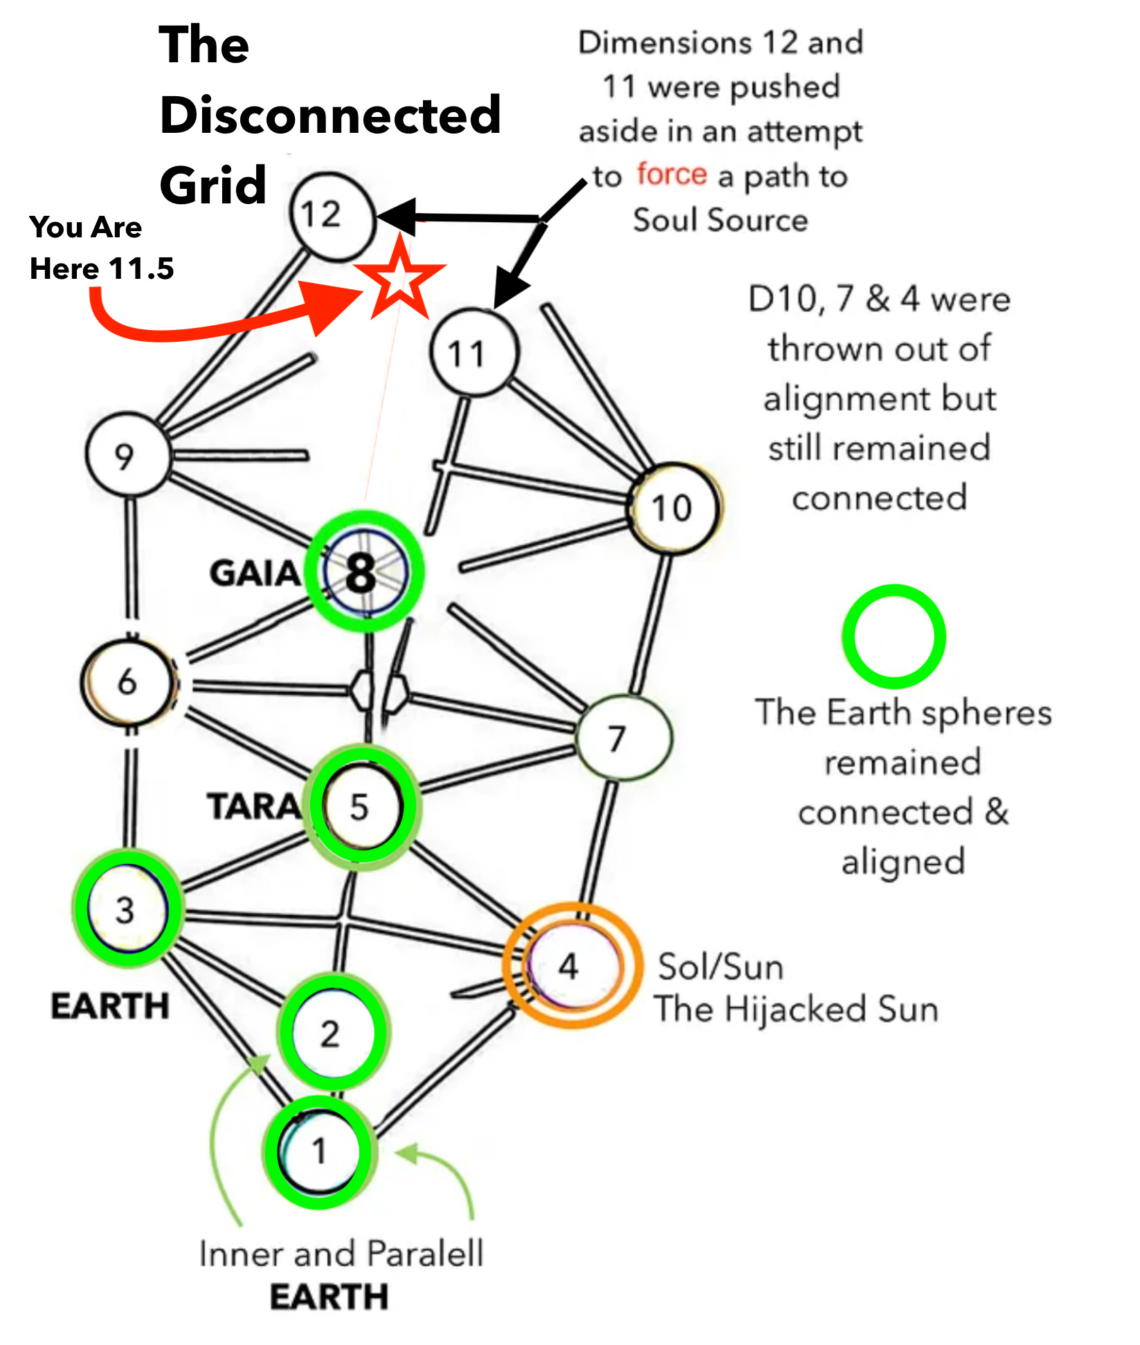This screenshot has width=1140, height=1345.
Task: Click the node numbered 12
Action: (x=333, y=216)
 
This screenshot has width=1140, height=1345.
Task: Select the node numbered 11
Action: (x=474, y=352)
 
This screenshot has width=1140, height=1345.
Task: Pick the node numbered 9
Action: (x=127, y=455)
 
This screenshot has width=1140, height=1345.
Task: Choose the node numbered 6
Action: (x=127, y=682)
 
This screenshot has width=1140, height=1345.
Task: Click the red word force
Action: (x=671, y=174)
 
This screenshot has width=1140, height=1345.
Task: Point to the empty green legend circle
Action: (x=894, y=637)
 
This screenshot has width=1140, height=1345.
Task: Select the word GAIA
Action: (x=255, y=574)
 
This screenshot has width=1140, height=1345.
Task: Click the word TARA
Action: (x=253, y=806)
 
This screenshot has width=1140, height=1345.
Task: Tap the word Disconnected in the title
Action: (x=330, y=114)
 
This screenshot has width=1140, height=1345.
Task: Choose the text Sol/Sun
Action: (x=721, y=967)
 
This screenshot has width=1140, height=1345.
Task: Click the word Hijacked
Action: (x=797, y=1009)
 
